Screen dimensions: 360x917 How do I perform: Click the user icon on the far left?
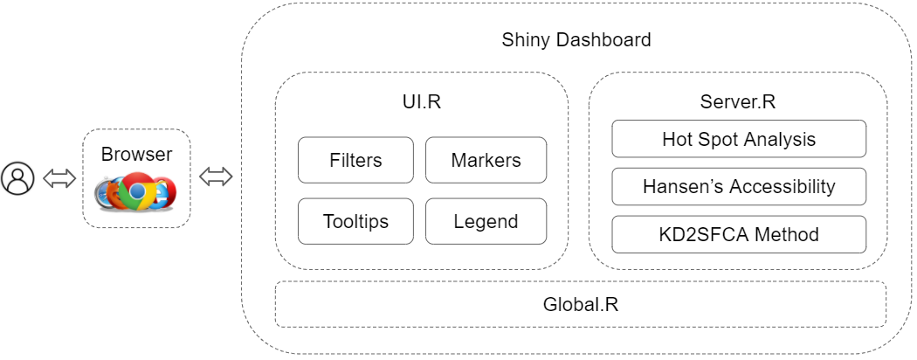[17, 178]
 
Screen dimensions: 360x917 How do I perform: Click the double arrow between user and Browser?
[59, 178]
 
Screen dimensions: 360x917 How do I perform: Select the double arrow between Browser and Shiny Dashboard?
[216, 177]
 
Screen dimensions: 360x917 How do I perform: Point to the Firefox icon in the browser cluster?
[114, 193]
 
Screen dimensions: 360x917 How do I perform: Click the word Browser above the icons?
[136, 155]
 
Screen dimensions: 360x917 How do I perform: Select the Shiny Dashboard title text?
[576, 40]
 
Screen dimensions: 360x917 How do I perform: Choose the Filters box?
[355, 160]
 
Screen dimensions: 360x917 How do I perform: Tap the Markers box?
[486, 160]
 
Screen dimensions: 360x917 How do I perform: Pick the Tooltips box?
[355, 221]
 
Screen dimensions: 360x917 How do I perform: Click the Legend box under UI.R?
[486, 221]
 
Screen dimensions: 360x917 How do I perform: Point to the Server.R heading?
[738, 101]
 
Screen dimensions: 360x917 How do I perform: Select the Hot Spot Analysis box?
[739, 139]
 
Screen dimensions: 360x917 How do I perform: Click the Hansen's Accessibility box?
[739, 186]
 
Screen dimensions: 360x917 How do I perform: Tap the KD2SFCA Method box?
[739, 234]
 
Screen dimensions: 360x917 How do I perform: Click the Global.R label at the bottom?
[581, 305]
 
